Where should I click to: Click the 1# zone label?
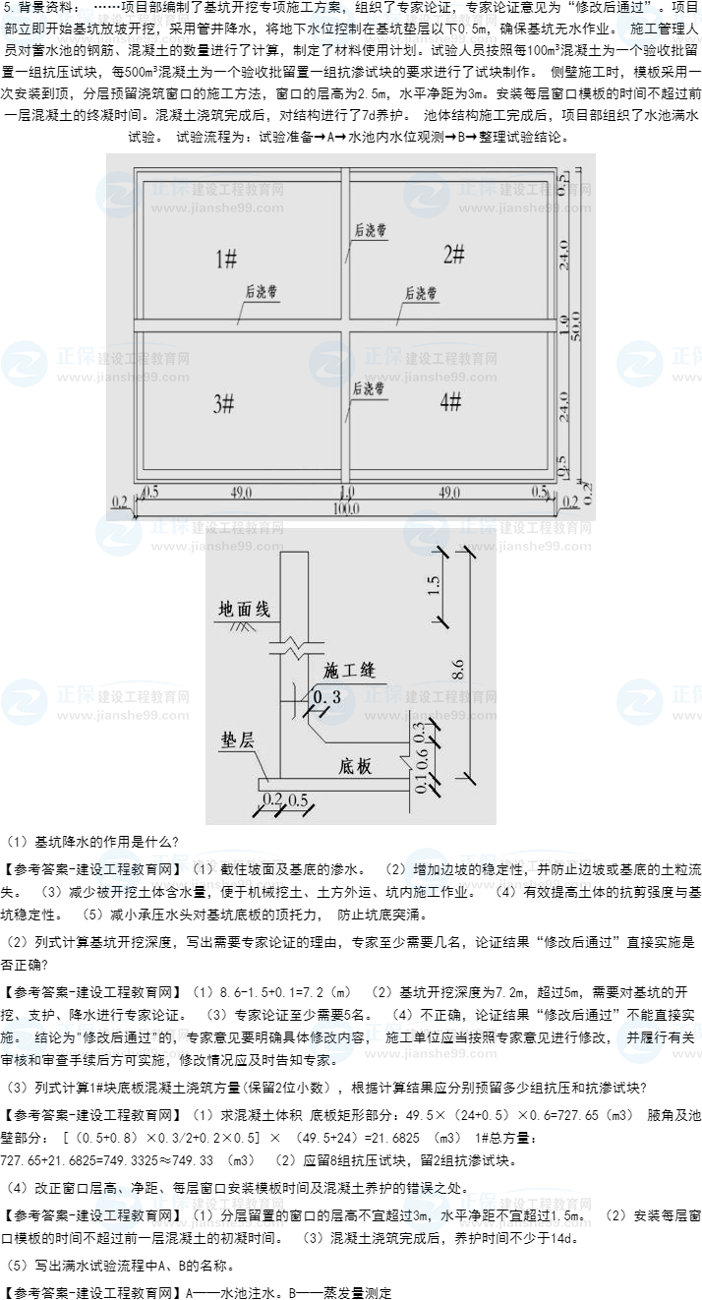pyautogui.click(x=226, y=259)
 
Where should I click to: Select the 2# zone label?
pyautogui.click(x=453, y=255)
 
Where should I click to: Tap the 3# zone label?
pyautogui.click(x=224, y=403)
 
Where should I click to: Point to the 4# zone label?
pyautogui.click(x=450, y=401)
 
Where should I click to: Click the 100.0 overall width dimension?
pyautogui.click(x=346, y=508)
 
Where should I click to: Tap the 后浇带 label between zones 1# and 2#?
pyautogui.click(x=370, y=231)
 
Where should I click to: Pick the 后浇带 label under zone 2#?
pyautogui.click(x=421, y=293)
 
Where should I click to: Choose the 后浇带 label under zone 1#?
pyautogui.click(x=262, y=292)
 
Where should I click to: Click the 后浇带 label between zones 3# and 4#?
pyautogui.click(x=369, y=388)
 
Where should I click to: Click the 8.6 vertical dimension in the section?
pyautogui.click(x=457, y=669)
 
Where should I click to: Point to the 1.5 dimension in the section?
pyautogui.click(x=434, y=586)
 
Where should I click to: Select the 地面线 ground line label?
pyautogui.click(x=244, y=610)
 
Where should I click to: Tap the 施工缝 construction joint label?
pyautogui.click(x=349, y=671)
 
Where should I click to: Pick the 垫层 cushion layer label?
pyautogui.click(x=237, y=740)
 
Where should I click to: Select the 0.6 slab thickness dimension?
pyautogui.click(x=421, y=756)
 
